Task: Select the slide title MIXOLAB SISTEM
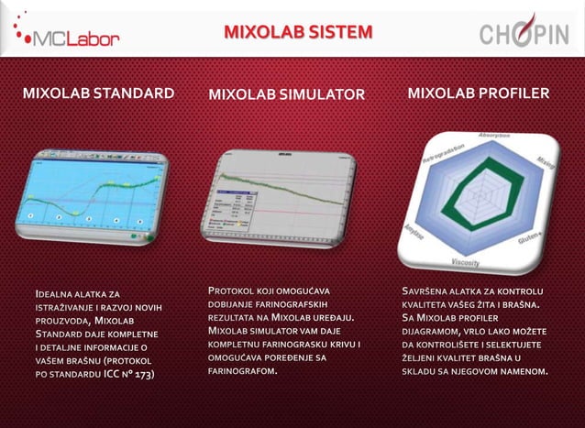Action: pyautogui.click(x=299, y=34)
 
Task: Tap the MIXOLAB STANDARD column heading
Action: pyautogui.click(x=98, y=93)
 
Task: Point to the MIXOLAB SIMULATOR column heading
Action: pyautogui.click(x=287, y=94)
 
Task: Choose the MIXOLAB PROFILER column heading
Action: pyautogui.click(x=479, y=93)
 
